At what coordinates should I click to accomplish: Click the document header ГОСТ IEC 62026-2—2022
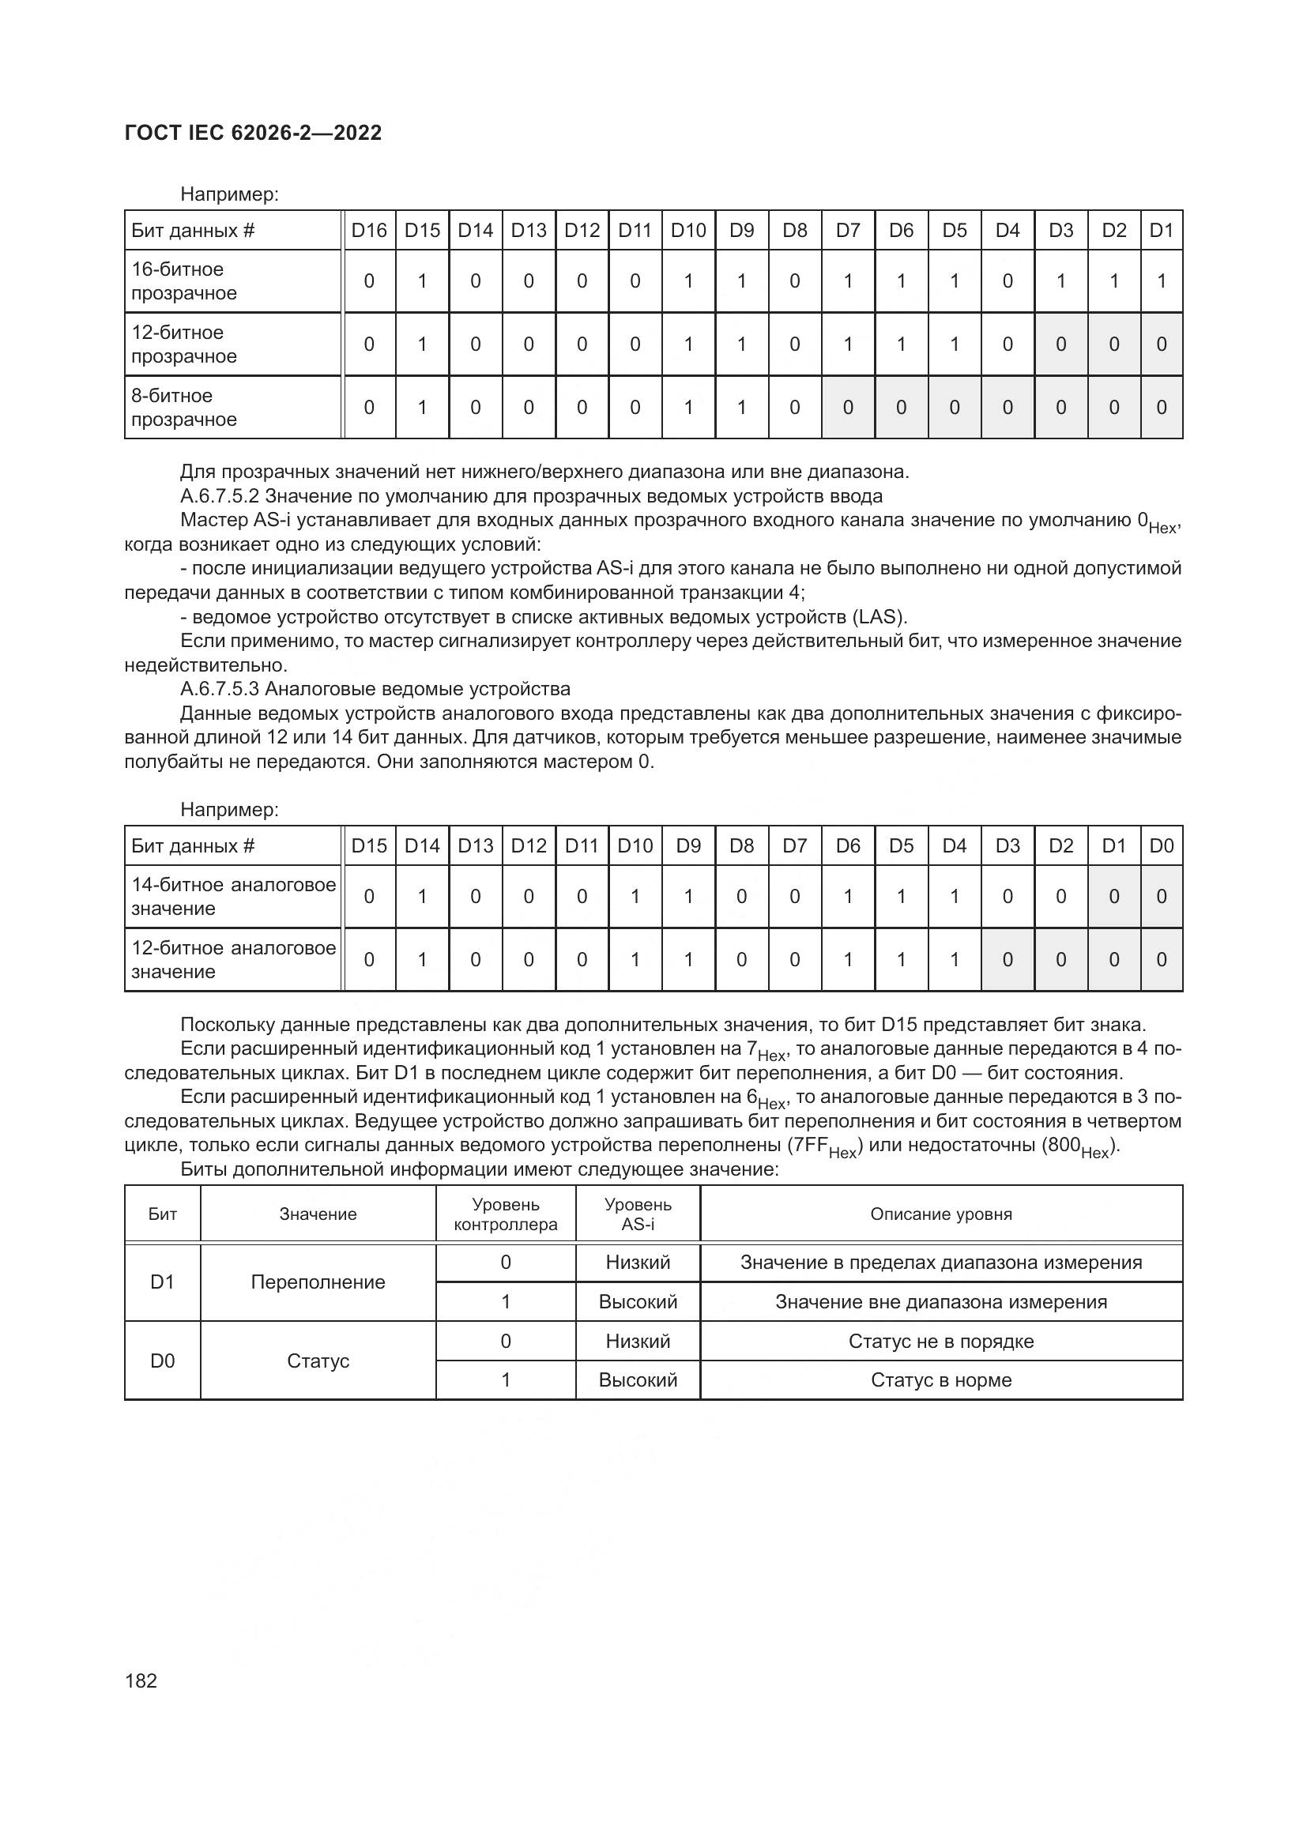pos(253,133)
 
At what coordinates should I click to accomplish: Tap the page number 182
pos(141,1681)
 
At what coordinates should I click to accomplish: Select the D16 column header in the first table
pos(368,231)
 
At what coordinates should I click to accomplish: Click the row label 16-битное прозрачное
pos(184,281)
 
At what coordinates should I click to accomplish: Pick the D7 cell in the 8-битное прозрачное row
pos(847,407)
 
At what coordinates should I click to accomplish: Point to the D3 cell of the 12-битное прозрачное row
pos(1060,344)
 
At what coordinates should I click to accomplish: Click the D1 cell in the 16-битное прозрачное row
pos(1161,281)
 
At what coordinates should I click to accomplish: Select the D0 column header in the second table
pos(1161,846)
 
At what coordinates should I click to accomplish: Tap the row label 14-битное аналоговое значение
pos(232,897)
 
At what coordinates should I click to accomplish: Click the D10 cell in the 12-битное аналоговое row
pos(635,959)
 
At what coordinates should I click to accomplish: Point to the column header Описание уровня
pos(940,1214)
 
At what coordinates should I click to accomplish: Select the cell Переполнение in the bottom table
pos(318,1282)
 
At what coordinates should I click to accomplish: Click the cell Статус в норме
pos(940,1380)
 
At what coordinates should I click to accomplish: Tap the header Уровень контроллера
pos(506,1214)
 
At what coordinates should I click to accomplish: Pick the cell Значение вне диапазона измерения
pos(940,1302)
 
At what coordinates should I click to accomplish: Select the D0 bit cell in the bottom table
pos(163,1361)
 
